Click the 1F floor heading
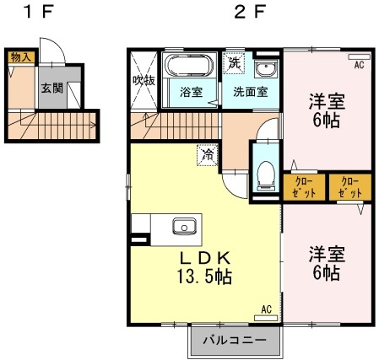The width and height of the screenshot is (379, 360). (x=39, y=13)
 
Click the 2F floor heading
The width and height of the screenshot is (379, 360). (x=250, y=13)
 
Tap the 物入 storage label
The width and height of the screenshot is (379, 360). (x=21, y=57)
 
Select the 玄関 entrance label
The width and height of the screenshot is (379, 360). (x=52, y=89)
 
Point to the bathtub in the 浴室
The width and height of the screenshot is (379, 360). (x=189, y=66)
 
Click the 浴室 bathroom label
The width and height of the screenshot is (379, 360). (x=192, y=92)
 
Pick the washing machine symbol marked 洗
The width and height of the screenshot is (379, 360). (x=234, y=63)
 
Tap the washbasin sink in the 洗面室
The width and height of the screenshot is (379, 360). (x=265, y=69)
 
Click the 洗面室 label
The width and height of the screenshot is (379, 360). (x=250, y=92)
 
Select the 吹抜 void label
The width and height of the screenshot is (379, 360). (x=143, y=81)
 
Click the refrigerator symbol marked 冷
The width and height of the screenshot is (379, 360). (x=208, y=155)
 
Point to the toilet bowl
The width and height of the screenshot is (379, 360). (x=266, y=175)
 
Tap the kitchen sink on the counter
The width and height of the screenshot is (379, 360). (x=184, y=226)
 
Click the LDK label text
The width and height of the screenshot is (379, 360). (x=205, y=258)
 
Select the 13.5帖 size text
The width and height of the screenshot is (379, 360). (x=204, y=277)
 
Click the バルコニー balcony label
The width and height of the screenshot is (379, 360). (x=235, y=341)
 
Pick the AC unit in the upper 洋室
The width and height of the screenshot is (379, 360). (x=360, y=56)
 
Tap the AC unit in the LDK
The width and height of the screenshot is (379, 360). (x=266, y=318)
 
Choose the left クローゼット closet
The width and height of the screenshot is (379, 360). (x=304, y=187)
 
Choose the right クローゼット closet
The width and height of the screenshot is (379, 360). (x=350, y=187)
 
